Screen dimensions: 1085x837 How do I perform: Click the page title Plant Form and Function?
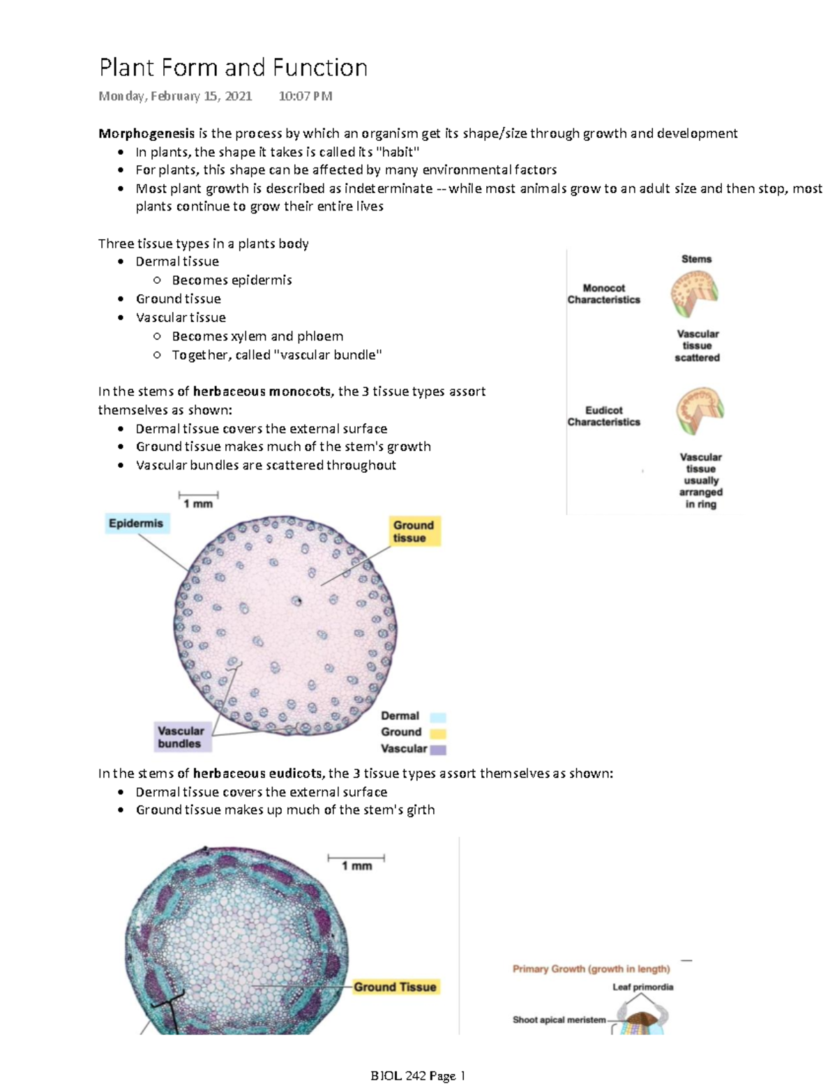click(233, 68)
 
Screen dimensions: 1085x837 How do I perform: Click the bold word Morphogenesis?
click(146, 133)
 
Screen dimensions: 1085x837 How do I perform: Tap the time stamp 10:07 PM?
click(305, 96)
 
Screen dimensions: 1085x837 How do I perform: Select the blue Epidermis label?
click(136, 523)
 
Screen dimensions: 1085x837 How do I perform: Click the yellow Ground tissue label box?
click(414, 531)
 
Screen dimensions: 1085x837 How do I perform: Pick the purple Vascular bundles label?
click(181, 737)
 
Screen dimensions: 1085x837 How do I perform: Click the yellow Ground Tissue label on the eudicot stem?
click(395, 987)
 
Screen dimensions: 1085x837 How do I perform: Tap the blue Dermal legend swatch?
click(438, 717)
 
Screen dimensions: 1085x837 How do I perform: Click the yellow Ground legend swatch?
click(438, 733)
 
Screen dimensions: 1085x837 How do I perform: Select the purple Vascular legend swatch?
click(438, 750)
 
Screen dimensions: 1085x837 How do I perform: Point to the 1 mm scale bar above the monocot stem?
click(199, 496)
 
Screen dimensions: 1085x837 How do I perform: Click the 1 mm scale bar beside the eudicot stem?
click(356, 858)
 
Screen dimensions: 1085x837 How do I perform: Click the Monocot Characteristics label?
click(603, 294)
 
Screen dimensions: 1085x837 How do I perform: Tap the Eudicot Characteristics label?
click(603, 416)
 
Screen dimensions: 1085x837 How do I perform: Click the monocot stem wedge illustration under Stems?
click(695, 294)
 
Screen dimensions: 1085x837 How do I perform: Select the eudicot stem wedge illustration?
click(699, 411)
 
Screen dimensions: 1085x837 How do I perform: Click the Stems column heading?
click(696, 259)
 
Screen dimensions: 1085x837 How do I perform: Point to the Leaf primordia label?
click(642, 987)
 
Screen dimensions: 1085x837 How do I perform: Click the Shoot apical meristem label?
click(559, 1019)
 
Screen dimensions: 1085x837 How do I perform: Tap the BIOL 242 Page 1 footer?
click(418, 1076)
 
